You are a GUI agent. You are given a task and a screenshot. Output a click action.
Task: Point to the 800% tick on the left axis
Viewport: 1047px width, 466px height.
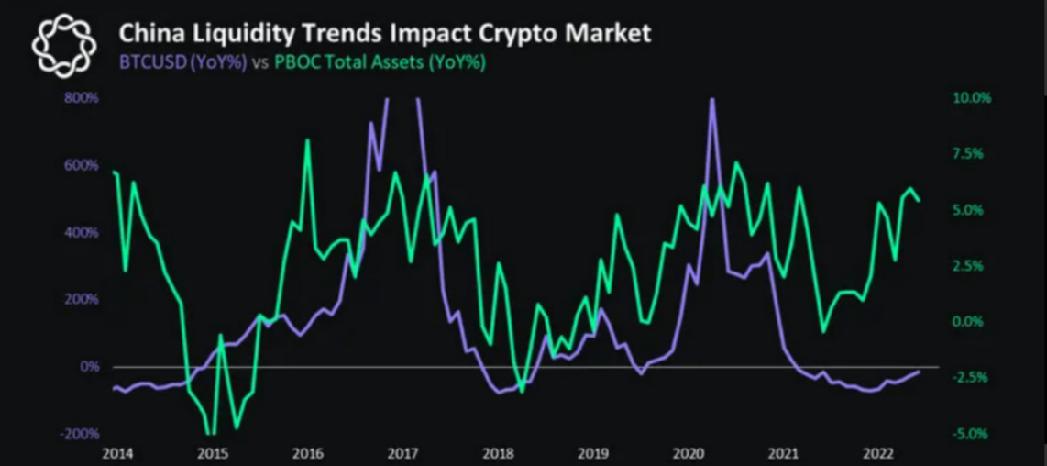coord(82,97)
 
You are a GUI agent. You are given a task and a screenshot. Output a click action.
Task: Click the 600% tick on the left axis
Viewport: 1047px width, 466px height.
coord(82,165)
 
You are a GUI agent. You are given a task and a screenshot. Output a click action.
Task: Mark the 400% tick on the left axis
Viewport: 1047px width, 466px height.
coord(82,232)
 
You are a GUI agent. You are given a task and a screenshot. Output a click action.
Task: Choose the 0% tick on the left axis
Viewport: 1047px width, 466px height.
coord(88,366)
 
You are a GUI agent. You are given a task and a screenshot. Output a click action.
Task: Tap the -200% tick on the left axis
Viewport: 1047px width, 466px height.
coord(80,433)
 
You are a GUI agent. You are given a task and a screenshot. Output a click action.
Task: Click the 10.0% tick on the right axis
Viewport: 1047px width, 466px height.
coord(973,97)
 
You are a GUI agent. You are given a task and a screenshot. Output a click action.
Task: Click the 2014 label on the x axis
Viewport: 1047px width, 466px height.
coord(116,453)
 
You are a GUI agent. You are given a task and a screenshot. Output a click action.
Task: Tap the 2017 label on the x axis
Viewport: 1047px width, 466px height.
coord(402,453)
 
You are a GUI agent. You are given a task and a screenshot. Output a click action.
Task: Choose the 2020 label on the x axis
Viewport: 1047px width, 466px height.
coord(688,453)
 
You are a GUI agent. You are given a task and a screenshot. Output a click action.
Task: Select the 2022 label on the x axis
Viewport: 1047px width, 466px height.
coord(878,453)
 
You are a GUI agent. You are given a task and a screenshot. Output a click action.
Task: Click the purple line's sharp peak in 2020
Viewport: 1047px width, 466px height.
coord(711,99)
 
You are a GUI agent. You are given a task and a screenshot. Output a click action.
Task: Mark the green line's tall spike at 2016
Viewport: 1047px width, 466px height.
coord(307,140)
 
